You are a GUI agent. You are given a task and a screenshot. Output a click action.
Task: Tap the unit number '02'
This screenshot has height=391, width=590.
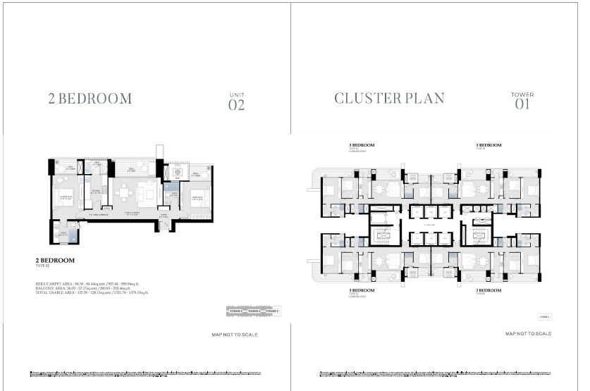236,106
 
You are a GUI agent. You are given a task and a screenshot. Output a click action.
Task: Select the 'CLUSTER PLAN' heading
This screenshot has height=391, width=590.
389,99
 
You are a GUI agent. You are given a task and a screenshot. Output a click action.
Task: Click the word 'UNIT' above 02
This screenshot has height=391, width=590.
236,94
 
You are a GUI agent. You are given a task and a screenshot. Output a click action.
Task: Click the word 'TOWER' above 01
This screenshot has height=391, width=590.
522,94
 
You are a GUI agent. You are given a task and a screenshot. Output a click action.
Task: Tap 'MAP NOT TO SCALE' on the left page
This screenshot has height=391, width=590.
235,335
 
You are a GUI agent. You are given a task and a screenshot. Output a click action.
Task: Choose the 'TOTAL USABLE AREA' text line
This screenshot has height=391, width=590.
92,292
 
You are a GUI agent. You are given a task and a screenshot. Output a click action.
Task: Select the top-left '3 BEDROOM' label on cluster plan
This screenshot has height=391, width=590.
362,145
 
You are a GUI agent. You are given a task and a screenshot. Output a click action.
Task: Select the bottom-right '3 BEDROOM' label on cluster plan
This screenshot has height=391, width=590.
488,290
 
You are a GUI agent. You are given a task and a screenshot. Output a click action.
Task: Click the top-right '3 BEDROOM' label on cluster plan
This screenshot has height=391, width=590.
488,145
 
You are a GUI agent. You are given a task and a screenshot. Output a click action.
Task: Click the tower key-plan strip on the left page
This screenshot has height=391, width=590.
253,311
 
